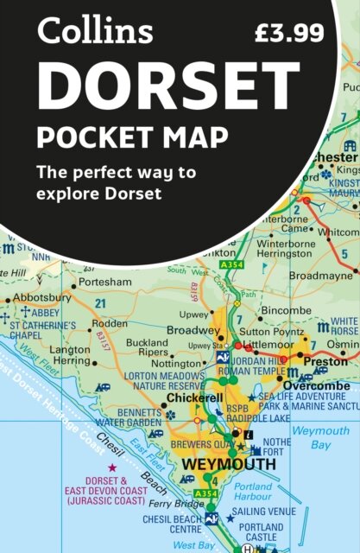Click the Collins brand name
click(x=95, y=33)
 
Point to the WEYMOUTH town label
click(x=229, y=465)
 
